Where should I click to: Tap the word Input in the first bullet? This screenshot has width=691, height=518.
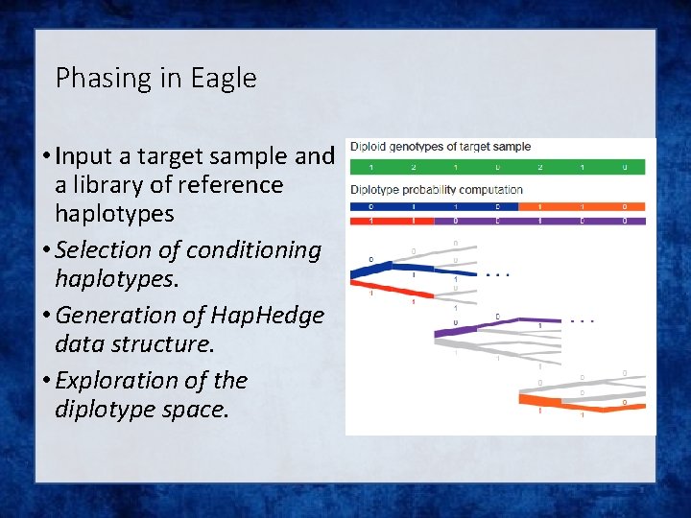click(87, 155)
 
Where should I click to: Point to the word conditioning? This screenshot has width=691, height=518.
click(254, 249)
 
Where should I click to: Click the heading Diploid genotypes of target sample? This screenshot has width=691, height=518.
click(441, 147)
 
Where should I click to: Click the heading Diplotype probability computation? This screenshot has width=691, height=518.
click(437, 189)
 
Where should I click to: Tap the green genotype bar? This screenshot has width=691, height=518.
click(497, 167)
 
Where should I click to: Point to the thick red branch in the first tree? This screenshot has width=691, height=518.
click(393, 288)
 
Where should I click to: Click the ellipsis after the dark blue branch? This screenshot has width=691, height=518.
click(497, 275)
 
